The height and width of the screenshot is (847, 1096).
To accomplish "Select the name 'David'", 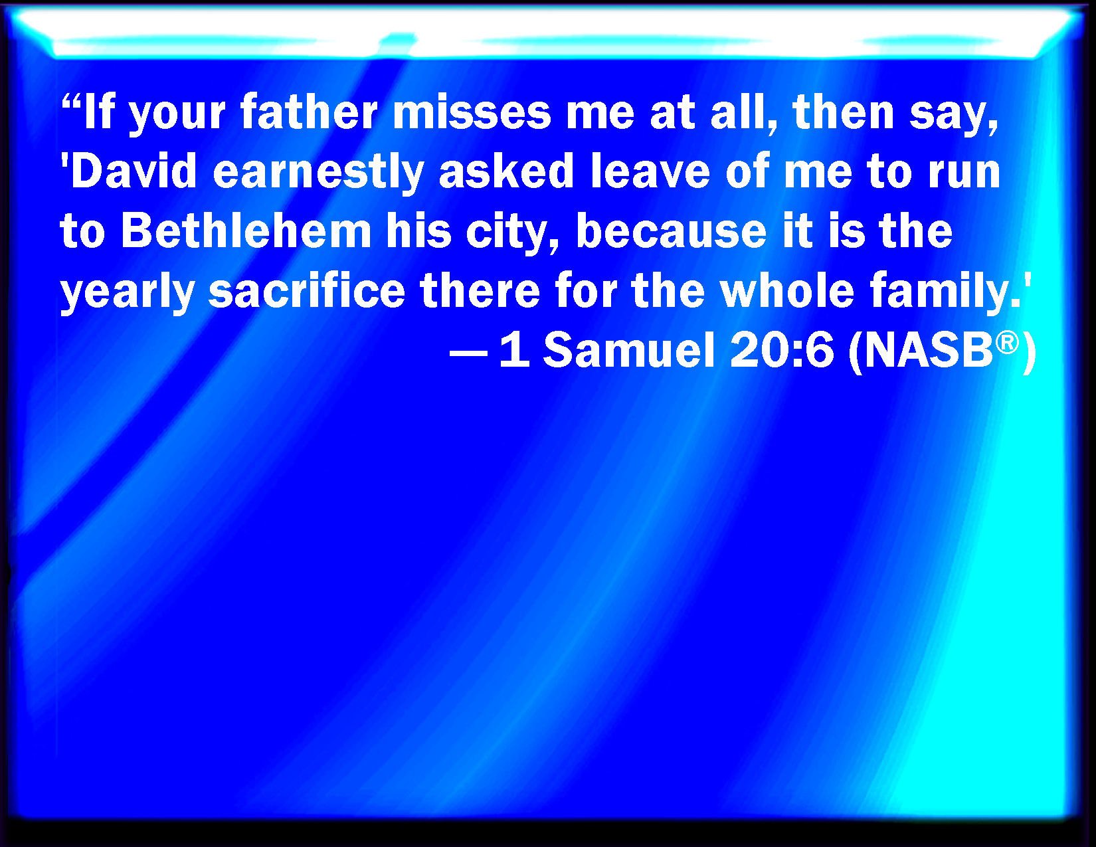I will (x=134, y=171).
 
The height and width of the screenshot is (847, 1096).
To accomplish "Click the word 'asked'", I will (x=506, y=171).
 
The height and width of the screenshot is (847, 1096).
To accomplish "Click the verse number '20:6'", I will (x=781, y=350).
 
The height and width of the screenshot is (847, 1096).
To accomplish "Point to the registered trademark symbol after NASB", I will (x=1007, y=342).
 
